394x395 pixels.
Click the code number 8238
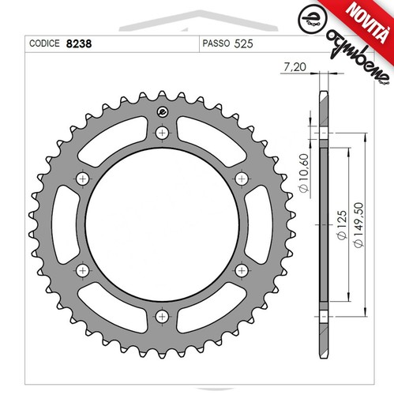(x=79, y=43)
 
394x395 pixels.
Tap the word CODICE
(x=44, y=43)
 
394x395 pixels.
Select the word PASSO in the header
(x=216, y=43)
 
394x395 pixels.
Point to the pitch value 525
(x=243, y=43)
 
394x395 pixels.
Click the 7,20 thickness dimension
(x=295, y=67)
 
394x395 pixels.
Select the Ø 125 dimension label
(x=342, y=224)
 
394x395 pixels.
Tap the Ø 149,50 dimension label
(x=358, y=224)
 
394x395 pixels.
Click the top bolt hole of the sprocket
(x=162, y=133)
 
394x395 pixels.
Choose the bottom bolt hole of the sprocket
(x=162, y=316)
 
